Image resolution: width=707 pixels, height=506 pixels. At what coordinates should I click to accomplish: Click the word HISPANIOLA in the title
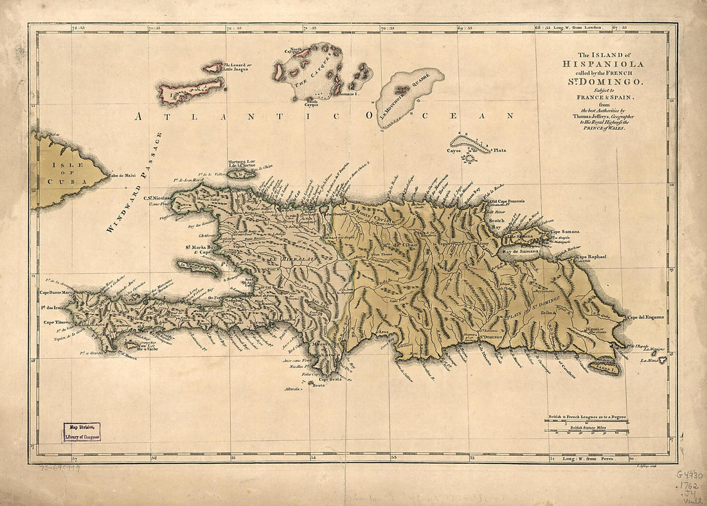(602, 64)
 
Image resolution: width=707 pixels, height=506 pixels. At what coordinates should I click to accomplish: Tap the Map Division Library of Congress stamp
(82, 431)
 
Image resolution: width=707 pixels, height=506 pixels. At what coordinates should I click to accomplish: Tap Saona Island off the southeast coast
(605, 368)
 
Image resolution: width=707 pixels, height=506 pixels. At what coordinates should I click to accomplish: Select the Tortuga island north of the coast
(242, 173)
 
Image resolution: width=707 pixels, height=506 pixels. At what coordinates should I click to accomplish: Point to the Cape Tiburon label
(56, 322)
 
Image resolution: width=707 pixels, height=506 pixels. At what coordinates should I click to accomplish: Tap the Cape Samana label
(563, 231)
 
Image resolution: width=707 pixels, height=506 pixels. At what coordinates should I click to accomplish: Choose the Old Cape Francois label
(505, 201)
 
